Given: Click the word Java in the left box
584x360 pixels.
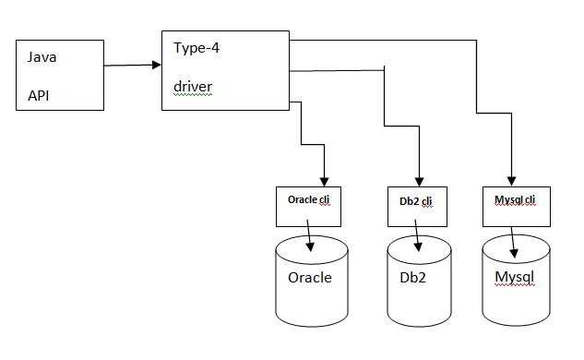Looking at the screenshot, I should coord(41,57).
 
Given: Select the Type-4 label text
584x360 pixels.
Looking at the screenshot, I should coord(197,48).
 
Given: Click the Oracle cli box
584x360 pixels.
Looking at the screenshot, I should coord(309,206).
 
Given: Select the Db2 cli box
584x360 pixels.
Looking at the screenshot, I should coord(418,206).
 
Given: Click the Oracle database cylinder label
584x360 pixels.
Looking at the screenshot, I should coord(310,278).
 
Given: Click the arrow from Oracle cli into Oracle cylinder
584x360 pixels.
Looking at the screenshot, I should coord(311,239).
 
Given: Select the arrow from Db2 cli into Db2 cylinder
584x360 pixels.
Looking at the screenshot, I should coord(420,239).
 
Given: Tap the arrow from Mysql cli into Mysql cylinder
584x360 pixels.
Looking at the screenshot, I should coord(512,239).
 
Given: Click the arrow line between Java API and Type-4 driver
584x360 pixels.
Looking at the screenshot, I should coord(129,66).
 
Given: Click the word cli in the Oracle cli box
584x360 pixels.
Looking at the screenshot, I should coord(325,199).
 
